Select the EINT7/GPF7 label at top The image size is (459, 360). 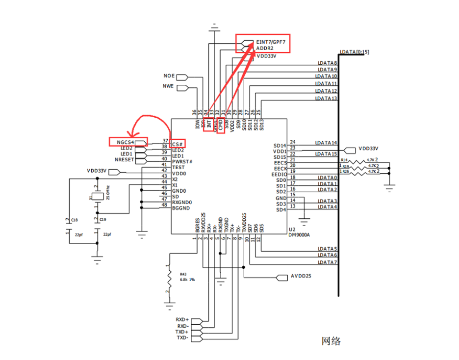coord(271,43)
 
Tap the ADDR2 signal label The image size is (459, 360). coord(265,49)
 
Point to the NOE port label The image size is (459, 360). coord(169,77)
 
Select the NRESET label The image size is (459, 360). coord(124,160)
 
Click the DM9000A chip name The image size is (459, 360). coord(300,235)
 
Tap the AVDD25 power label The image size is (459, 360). coord(302,277)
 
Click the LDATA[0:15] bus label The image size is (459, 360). coord(355,52)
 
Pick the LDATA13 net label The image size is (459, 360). coord(327,99)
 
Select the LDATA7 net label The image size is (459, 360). coord(327,262)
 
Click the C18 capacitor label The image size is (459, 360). coord(74,221)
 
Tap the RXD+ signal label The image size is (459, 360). coord(182,319)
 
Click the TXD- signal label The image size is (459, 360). coord(182,338)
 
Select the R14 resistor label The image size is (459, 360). coord(344,160)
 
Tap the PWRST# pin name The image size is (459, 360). coord(182,161)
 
